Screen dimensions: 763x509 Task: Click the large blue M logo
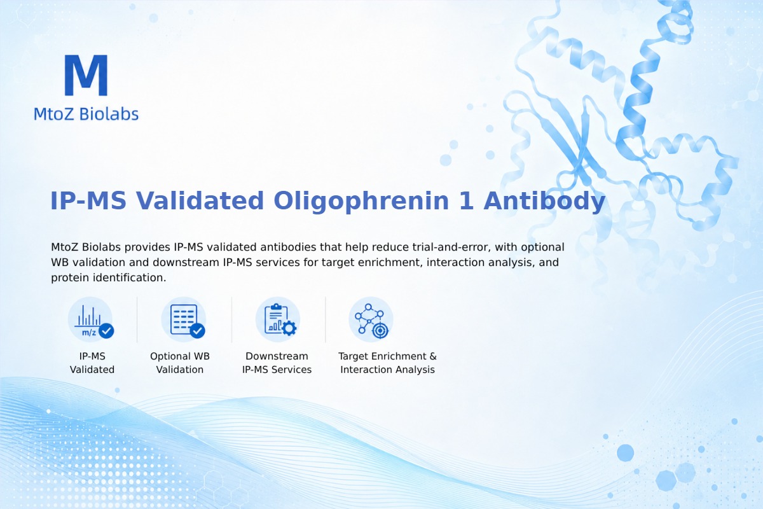coord(86,75)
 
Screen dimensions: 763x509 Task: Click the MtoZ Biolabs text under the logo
coord(86,114)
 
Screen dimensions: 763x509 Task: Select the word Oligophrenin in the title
coord(361,201)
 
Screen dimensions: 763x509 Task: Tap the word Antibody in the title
coord(544,200)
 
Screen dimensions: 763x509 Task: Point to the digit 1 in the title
coord(467,200)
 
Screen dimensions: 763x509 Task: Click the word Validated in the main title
coord(200,200)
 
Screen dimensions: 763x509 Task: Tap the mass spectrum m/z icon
coord(90,319)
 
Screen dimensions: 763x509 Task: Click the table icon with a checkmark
coord(184,319)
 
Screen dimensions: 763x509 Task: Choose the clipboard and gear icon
coord(278,319)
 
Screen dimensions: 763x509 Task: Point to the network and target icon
coord(371,319)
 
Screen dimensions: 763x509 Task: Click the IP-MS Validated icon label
coord(92,363)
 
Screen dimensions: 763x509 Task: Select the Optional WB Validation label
coord(180,363)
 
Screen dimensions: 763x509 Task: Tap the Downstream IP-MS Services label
coord(277,363)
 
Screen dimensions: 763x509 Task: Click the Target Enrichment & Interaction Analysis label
coord(388,363)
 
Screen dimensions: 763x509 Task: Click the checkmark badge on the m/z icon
coord(106,331)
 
